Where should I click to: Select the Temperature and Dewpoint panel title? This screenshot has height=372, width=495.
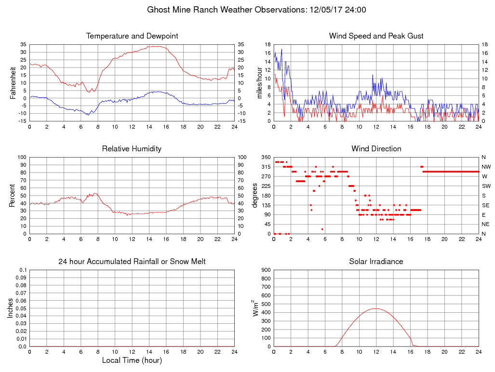[x=132, y=36]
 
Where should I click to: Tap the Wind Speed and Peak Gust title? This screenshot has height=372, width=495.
[x=376, y=36]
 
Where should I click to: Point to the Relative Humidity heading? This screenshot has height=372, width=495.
[x=132, y=149]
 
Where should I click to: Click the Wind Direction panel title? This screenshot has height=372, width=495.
[x=376, y=149]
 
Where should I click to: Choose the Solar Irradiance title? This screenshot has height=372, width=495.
[x=376, y=262]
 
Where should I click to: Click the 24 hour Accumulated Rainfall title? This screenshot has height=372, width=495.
[x=132, y=262]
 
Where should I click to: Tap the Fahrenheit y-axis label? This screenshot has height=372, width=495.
[x=13, y=82]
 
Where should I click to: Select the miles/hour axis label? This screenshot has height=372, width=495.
[x=260, y=82]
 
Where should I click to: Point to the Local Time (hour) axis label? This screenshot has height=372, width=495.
[x=132, y=360]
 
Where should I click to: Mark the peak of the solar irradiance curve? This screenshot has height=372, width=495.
[x=375, y=308]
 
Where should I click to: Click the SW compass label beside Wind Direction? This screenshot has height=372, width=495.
[x=486, y=186]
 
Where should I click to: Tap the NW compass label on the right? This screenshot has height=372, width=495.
[x=486, y=167]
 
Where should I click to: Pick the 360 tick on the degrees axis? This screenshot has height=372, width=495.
[x=266, y=157]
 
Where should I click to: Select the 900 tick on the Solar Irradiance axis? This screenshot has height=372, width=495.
[x=266, y=270]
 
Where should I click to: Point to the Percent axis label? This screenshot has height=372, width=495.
[x=13, y=195]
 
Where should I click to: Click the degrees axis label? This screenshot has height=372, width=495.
[x=256, y=195]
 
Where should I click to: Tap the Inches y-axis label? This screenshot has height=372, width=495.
[x=11, y=308]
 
